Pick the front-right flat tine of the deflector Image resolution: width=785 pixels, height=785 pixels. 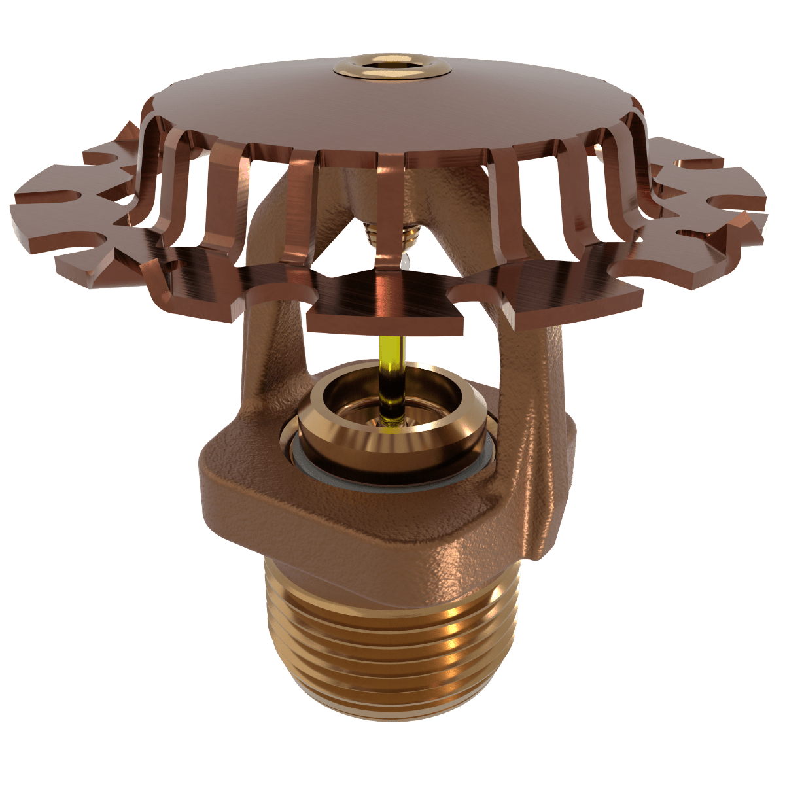point(556,288)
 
